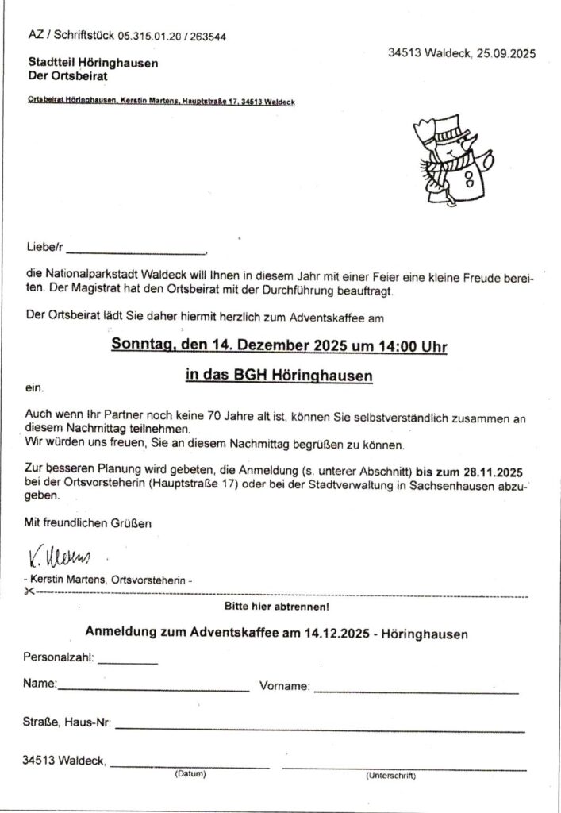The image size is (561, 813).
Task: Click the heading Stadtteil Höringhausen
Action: [x=93, y=63]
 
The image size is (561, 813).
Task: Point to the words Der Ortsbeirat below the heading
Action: [x=67, y=76]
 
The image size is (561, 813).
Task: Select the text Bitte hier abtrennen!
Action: [x=277, y=607]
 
